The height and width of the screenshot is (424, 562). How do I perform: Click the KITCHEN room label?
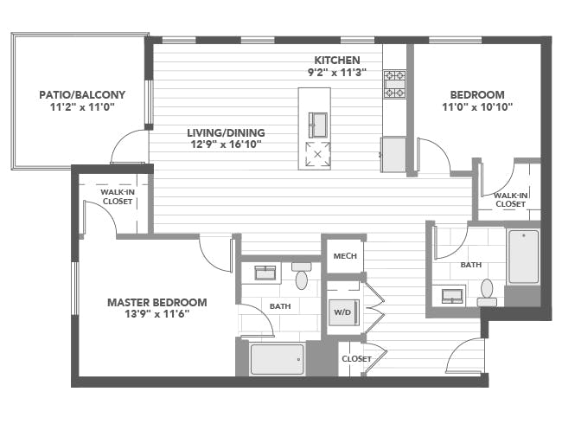(x=337, y=60)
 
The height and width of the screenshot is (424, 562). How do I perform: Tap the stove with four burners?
(x=394, y=84)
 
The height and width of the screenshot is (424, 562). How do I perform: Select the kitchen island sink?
(x=318, y=125)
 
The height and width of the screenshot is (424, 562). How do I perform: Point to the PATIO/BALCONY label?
(x=82, y=94)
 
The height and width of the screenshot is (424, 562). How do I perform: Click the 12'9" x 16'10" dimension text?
(x=226, y=145)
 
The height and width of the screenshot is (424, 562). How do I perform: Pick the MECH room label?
(x=345, y=256)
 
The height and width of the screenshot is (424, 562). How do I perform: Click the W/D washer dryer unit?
(x=343, y=312)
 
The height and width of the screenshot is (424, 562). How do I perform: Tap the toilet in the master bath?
(x=302, y=275)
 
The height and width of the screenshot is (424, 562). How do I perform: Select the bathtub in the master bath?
(x=277, y=359)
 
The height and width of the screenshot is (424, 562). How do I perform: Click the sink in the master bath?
(x=265, y=273)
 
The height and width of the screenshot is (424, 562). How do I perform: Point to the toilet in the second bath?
(x=487, y=292)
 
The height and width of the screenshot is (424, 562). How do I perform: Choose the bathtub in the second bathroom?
(x=524, y=256)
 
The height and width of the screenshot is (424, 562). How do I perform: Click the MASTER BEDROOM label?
(x=157, y=302)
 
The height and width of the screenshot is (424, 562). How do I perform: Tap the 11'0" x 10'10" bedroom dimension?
(x=477, y=107)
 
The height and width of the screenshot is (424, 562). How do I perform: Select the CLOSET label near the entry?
(x=356, y=359)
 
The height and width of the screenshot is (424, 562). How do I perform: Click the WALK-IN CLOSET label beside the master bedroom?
(x=118, y=197)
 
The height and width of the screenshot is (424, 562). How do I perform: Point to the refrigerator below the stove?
(x=393, y=155)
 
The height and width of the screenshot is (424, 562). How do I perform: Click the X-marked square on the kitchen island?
(x=317, y=155)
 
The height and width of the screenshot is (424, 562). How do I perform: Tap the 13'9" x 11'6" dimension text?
(x=157, y=314)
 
